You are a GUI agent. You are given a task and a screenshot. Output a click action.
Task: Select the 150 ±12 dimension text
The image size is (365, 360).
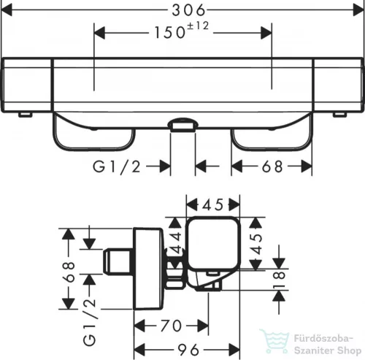tap(183, 33)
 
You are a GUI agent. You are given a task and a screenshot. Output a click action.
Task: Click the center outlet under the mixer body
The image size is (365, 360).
tap(183, 126)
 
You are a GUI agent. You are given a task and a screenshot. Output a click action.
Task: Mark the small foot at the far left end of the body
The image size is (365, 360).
tap(26, 115)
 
